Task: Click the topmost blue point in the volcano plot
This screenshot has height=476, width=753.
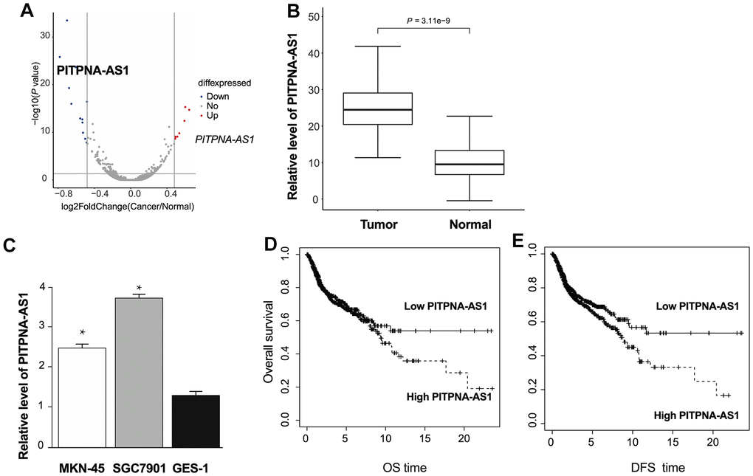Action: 67,21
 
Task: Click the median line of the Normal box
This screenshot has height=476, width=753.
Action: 470,164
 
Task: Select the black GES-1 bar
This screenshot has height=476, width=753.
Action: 194,421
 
